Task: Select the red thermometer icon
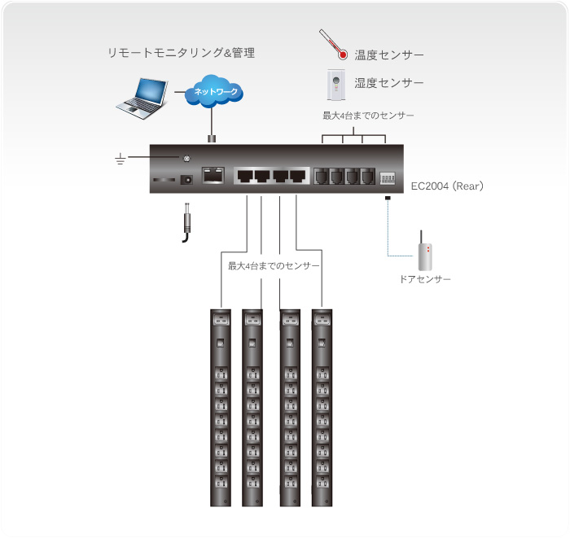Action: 334,46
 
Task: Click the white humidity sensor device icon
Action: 334,82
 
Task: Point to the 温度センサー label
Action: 388,55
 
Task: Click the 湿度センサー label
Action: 388,83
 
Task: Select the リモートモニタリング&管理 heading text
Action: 182,54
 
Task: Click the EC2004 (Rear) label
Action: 448,186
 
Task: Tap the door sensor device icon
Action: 423,252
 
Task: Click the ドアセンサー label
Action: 424,279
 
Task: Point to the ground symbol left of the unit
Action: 121,159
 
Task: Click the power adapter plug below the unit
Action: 186,221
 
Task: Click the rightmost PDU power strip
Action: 322,407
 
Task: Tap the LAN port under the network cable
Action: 213,174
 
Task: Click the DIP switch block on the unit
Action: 387,176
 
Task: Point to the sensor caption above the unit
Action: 369,116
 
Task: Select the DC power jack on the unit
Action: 186,180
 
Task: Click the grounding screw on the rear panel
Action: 186,158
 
